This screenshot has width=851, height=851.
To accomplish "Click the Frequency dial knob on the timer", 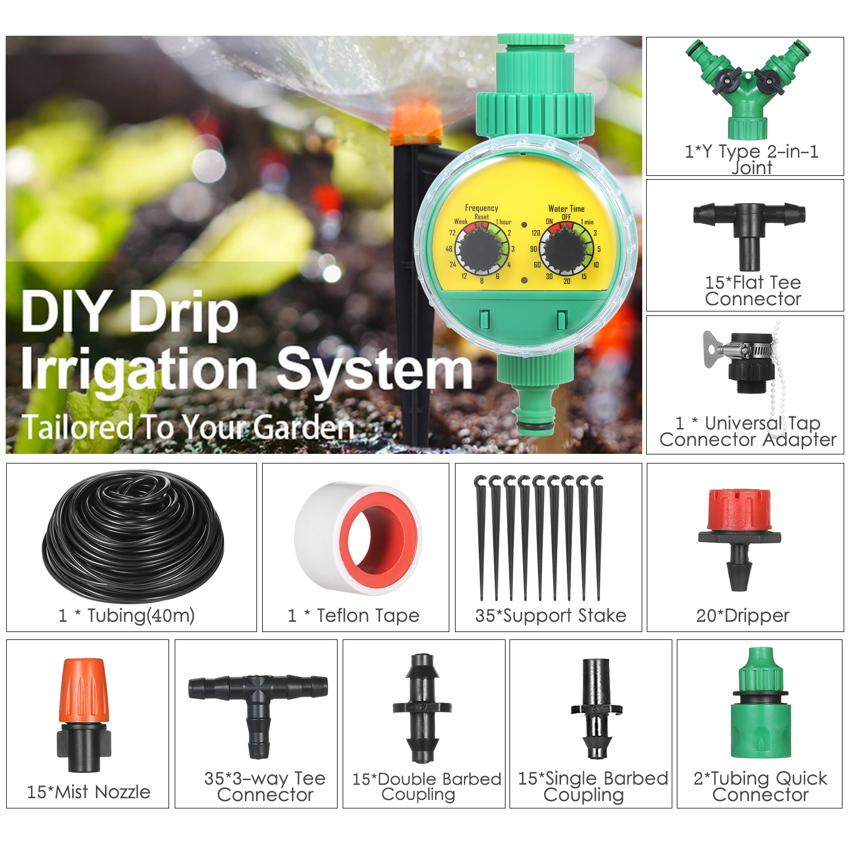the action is pos(482,249).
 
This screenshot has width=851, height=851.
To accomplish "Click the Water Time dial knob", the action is pos(566,249).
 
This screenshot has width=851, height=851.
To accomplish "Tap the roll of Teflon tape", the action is pos(358,538).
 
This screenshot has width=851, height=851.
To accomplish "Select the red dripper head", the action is pos(739,510).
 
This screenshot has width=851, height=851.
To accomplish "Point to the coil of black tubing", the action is pos(133,536).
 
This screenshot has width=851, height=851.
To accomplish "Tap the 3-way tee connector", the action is pos(258,710).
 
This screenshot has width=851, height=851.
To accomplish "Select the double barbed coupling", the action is pos(422,708).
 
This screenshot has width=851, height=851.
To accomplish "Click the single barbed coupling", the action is pos(597,709).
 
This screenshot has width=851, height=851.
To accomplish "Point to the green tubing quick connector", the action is pos(761,703).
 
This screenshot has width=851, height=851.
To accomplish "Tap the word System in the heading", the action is pos(374,370).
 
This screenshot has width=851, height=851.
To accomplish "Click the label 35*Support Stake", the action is pos(551,616).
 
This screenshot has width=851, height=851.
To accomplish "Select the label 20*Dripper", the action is pos(743,616).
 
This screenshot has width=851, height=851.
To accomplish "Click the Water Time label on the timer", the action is pos(566,209).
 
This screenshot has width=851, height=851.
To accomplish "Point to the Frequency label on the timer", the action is pos(482,208).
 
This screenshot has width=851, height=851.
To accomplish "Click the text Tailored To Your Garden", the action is pos(187,428).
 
